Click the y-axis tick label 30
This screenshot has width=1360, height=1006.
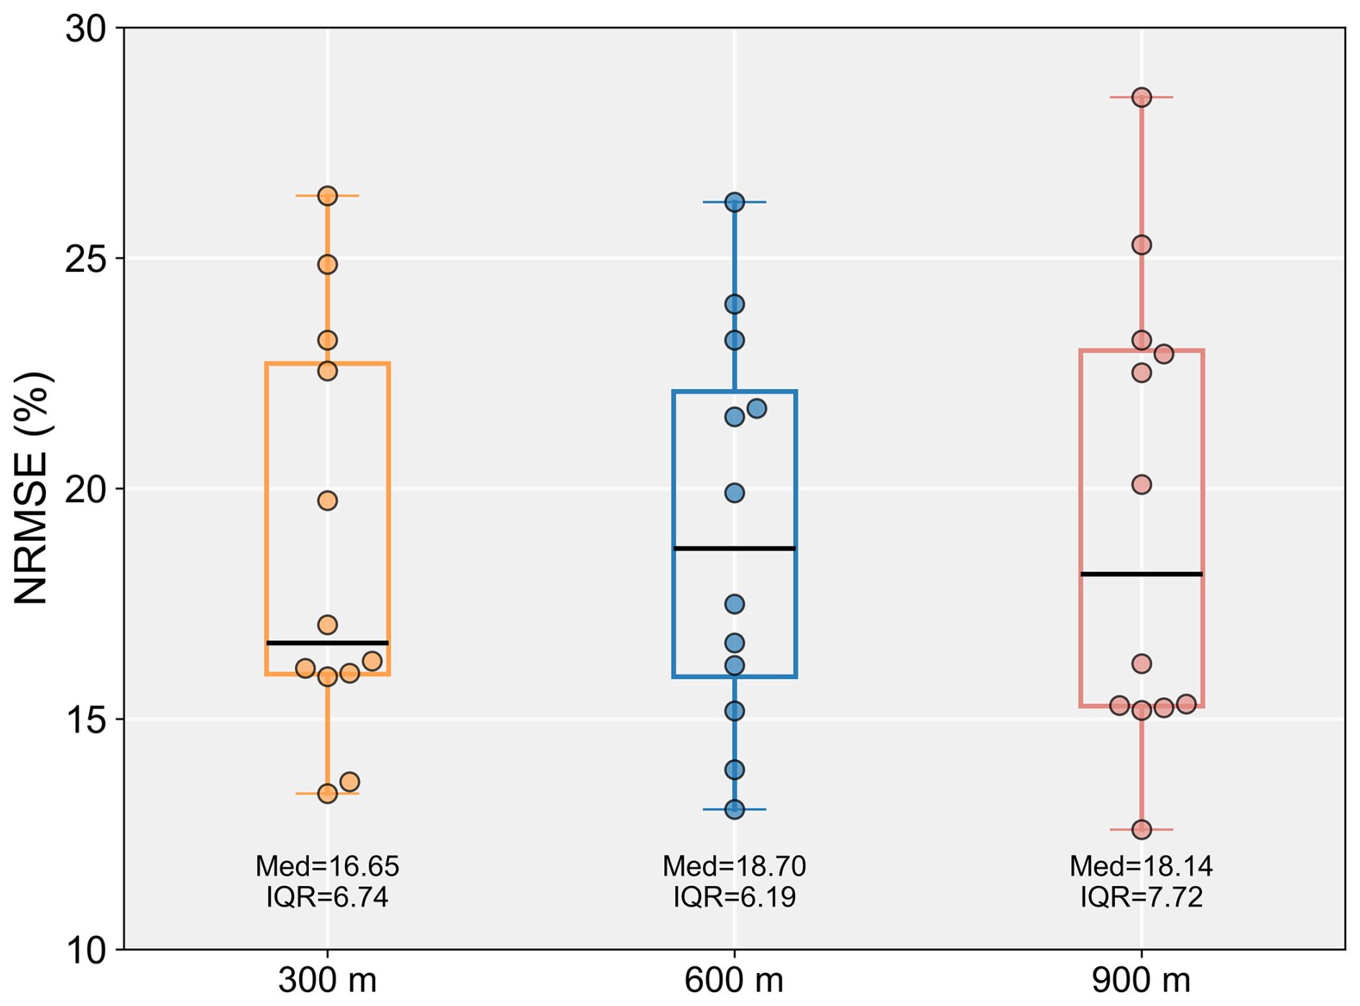click(85, 29)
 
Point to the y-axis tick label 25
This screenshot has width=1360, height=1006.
click(85, 260)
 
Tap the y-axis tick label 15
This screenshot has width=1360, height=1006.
click(85, 720)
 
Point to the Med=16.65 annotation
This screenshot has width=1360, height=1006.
click(328, 866)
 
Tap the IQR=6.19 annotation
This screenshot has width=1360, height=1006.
click(735, 897)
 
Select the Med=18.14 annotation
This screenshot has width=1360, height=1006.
click(1141, 866)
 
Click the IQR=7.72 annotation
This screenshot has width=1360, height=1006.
click(1141, 897)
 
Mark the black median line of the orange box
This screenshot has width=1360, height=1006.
click(328, 643)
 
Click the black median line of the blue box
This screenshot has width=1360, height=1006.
click(735, 549)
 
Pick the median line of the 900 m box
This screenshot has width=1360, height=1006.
click(1141, 574)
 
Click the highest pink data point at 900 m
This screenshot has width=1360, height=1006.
click(1141, 97)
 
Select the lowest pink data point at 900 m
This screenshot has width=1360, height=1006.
click(1141, 830)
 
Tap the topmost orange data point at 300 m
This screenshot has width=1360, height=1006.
click(328, 196)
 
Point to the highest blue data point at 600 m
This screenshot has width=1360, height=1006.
click(735, 202)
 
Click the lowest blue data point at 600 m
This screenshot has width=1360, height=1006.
click(735, 810)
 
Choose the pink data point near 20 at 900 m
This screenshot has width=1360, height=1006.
click(1141, 485)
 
